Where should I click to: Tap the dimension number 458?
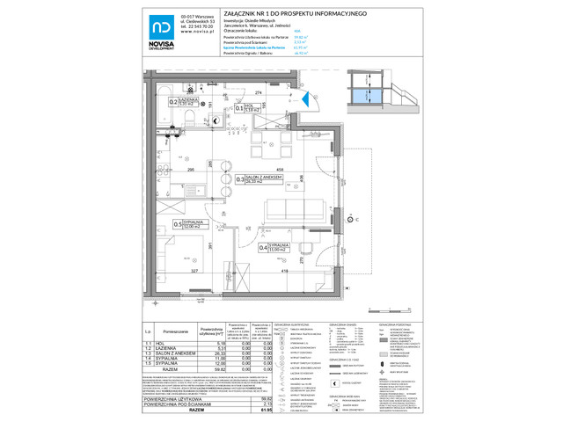tap(278, 169)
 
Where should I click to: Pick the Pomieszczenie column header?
tap(176, 331)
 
